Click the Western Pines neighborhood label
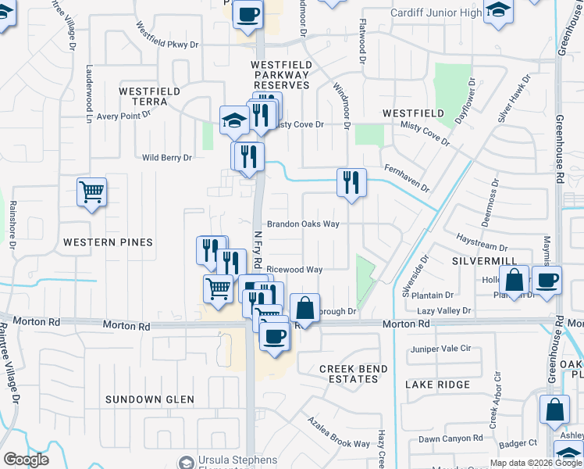coord(108,242)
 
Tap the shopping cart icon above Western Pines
coord(92,191)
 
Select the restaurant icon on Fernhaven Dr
coord(351,183)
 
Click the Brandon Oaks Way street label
coord(303,224)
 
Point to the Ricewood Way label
coord(294,270)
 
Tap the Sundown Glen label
coord(150,399)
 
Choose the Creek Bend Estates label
coord(348,374)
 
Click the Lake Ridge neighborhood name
coord(438,385)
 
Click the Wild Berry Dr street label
coord(167,158)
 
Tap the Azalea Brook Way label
coord(338,432)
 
